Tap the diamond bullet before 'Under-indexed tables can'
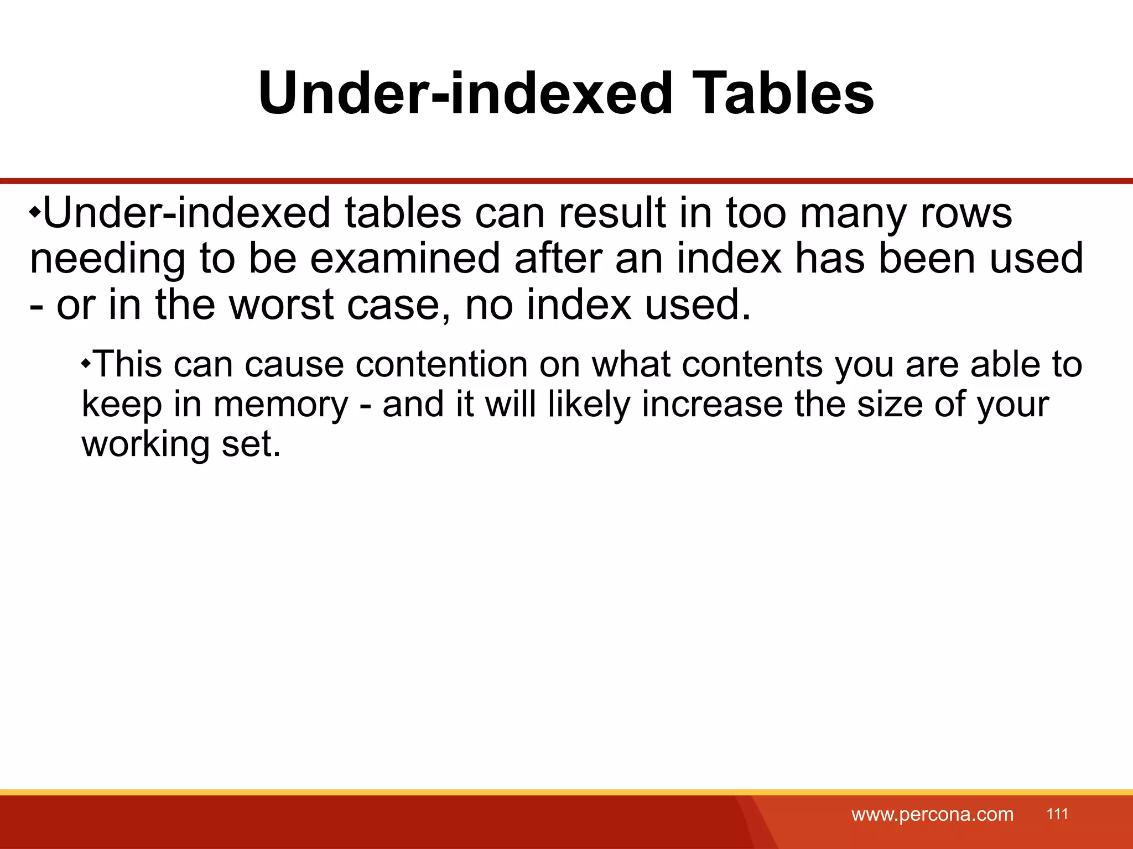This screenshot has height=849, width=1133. (x=35, y=212)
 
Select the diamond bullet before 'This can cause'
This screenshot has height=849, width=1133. (x=86, y=364)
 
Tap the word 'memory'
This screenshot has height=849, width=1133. (x=281, y=405)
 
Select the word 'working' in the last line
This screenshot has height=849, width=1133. (x=145, y=444)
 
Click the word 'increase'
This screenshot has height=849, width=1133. (x=712, y=404)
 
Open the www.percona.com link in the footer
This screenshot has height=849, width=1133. (x=932, y=814)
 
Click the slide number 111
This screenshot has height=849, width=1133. (x=1057, y=814)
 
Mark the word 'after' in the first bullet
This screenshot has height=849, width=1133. (x=558, y=259)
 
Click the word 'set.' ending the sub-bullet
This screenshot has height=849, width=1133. (x=251, y=444)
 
